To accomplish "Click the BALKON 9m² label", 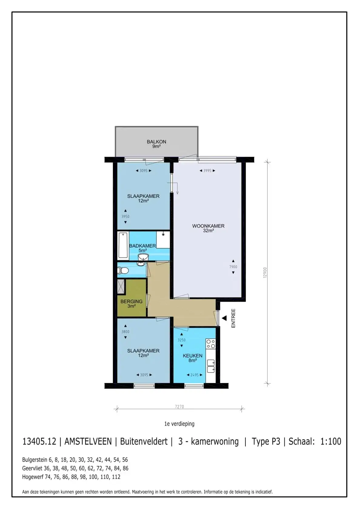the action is [x=156, y=144].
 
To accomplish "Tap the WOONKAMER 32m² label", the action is [x=208, y=228].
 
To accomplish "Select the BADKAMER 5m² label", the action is [x=142, y=248].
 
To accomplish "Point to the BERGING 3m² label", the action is [x=132, y=304].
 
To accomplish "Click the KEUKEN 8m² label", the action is [x=192, y=358].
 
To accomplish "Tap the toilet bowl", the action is [x=123, y=270].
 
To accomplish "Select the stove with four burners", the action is [x=211, y=344].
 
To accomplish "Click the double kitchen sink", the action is [x=211, y=366].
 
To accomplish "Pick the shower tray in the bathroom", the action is [x=163, y=240].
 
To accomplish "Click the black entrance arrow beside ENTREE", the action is [x=224, y=318].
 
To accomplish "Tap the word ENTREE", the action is [x=233, y=318].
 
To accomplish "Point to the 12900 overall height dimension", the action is [x=265, y=272].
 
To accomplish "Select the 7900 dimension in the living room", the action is [x=233, y=267].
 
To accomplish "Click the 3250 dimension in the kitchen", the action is [x=182, y=340].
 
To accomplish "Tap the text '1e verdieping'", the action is [x=179, y=424].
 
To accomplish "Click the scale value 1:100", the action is [x=331, y=441].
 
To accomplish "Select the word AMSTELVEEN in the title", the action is [x=88, y=441].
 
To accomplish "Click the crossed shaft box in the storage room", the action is [x=121, y=287].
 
